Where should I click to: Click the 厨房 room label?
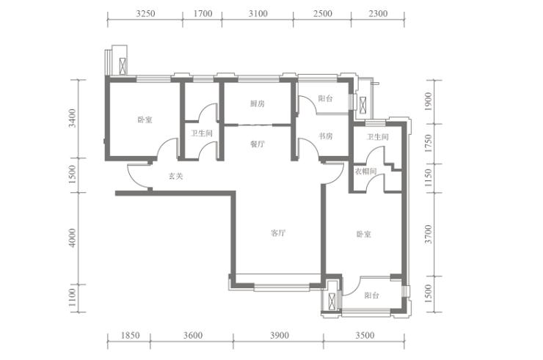click(x=257, y=104)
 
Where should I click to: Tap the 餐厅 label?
click(x=257, y=144)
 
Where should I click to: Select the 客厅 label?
click(x=277, y=234)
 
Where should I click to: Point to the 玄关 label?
click(x=175, y=176)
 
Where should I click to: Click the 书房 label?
click(x=326, y=136)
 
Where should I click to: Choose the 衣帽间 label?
click(x=365, y=172)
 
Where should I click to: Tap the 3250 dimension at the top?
click(x=145, y=13)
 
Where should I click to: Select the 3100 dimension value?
click(x=258, y=13)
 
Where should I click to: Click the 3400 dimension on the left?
click(x=72, y=118)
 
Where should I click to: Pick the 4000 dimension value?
click(x=72, y=238)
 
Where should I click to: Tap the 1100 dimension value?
click(x=72, y=298)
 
